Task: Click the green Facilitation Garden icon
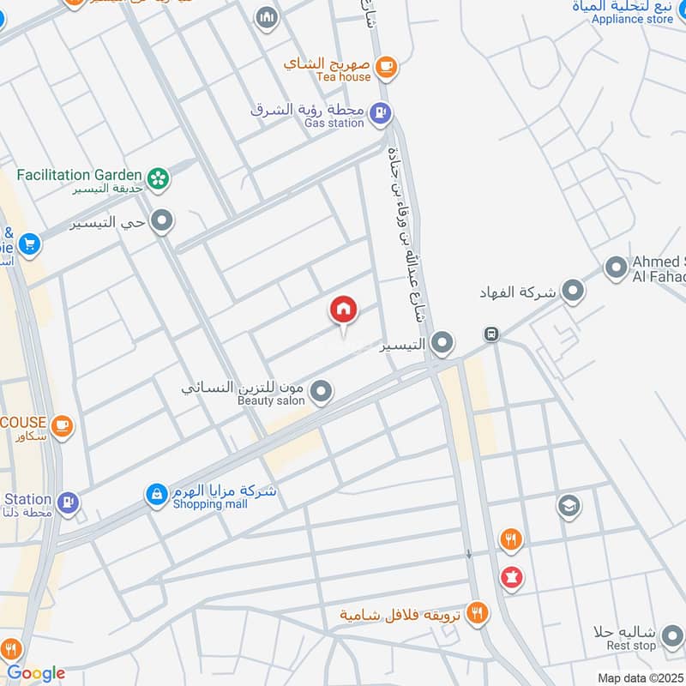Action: (x=158, y=178)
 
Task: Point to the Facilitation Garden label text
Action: (x=80, y=173)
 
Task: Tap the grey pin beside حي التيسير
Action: (x=160, y=223)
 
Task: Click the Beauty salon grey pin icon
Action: (x=321, y=392)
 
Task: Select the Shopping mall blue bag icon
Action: (x=156, y=495)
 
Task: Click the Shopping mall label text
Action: (x=210, y=504)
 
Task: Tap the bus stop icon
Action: (x=490, y=334)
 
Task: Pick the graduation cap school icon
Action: (x=568, y=506)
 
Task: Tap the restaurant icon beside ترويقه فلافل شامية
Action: (x=478, y=614)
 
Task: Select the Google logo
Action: (x=35, y=673)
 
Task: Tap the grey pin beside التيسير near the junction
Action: (x=442, y=344)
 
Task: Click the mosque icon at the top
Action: (x=268, y=17)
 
